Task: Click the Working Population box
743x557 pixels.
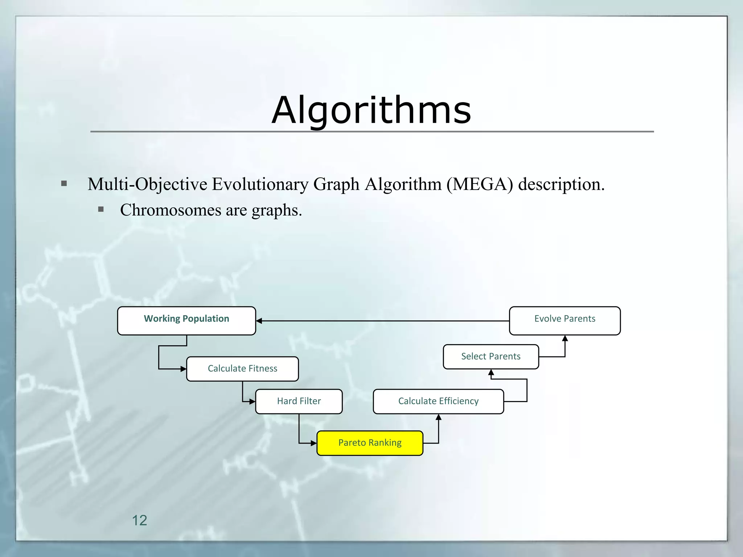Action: tap(186, 321)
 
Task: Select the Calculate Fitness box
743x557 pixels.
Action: tap(242, 369)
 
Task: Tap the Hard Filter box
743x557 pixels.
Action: tap(299, 401)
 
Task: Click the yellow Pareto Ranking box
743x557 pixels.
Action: tap(370, 443)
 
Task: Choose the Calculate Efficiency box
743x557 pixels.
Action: tap(438, 401)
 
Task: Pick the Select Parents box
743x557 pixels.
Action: tap(490, 356)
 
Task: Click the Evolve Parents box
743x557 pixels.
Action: tap(565, 321)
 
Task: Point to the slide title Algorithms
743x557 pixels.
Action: tap(371, 110)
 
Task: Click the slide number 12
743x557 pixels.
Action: tap(139, 520)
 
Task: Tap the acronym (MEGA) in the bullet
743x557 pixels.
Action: tap(480, 184)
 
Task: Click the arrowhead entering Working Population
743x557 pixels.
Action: tap(259, 321)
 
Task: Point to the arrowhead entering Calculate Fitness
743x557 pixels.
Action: tap(184, 369)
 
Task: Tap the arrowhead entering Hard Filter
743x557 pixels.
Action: tap(253, 401)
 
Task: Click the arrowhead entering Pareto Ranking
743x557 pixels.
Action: tap(314, 443)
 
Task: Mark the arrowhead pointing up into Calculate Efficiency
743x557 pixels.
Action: tap(438, 417)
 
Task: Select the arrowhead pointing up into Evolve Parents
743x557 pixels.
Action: tap(565, 338)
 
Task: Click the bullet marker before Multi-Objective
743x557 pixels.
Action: tap(64, 183)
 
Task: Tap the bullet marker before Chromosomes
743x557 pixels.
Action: tap(101, 209)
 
